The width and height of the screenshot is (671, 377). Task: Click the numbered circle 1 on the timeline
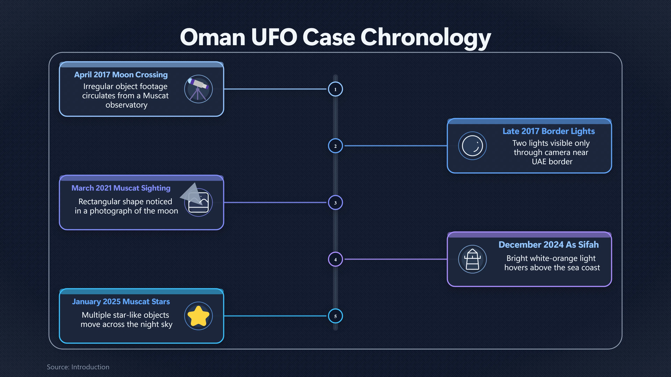point(335,89)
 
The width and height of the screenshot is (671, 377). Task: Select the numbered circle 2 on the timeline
point(335,146)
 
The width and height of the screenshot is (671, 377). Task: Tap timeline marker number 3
point(335,203)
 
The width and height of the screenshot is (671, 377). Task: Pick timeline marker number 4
point(335,259)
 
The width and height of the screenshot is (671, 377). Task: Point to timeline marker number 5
point(335,316)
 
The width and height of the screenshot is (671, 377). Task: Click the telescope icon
point(198,89)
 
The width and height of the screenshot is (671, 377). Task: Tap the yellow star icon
point(198,316)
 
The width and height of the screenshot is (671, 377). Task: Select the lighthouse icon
point(472,259)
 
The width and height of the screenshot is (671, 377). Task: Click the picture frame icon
point(198,202)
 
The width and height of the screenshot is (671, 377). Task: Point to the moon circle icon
point(472,146)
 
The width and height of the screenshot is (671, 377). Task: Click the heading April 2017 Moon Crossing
point(121,75)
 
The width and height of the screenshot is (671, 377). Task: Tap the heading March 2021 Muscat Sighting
point(121,188)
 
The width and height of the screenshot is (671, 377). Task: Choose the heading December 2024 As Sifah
point(549,245)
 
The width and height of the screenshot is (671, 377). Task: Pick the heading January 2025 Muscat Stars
point(121,302)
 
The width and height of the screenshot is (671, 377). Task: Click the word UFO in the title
point(274,37)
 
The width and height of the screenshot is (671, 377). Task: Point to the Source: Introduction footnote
point(78,367)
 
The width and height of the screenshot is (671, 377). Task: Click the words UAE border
point(552,162)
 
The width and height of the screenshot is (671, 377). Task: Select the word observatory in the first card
point(126,105)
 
